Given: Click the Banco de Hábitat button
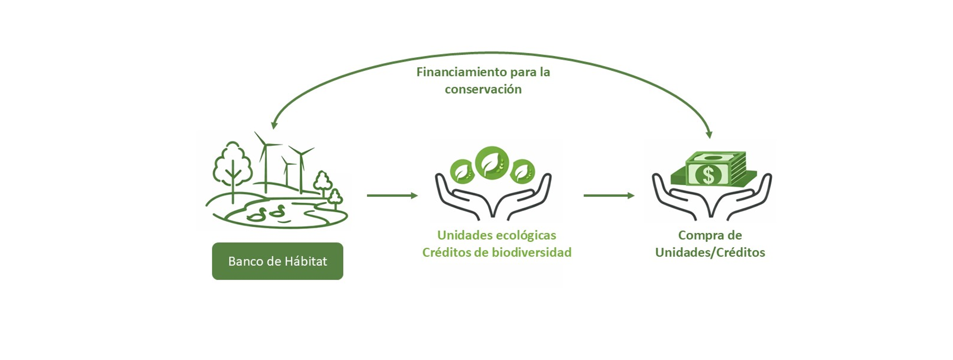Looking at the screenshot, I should point(277,261).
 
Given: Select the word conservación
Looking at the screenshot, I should point(483,89).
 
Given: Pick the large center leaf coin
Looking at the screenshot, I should point(492,162).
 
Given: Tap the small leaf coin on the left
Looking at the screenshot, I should point(462,171).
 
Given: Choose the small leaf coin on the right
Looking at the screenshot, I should point(523,171).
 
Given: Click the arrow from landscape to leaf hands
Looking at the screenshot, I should point(392,196).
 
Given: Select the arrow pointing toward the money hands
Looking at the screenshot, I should point(609,196).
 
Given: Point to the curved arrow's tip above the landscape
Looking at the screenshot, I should point(274,125).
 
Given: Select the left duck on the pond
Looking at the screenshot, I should point(258,214).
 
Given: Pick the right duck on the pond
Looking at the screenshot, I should point(277,211).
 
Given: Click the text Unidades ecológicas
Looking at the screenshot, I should point(497,235).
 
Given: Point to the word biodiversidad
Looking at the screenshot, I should point(532,253).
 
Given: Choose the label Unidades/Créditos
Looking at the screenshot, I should point(710,253).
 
